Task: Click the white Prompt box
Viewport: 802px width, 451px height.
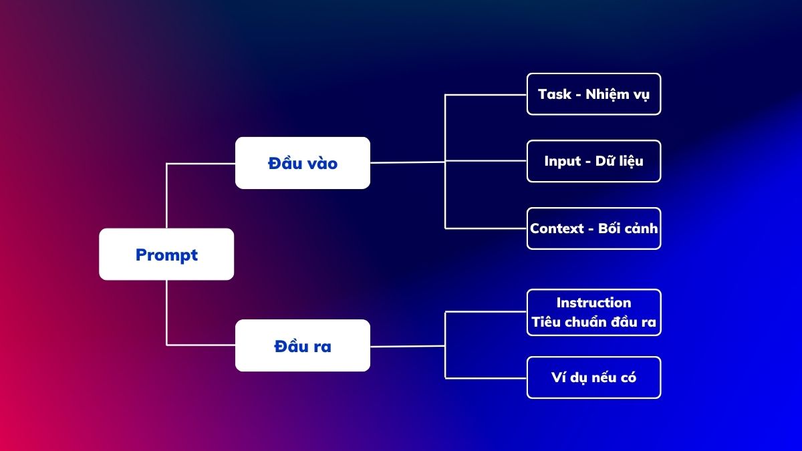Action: coord(166,254)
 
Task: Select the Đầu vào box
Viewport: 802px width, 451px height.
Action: coord(303,163)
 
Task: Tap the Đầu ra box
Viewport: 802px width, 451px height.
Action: coord(303,345)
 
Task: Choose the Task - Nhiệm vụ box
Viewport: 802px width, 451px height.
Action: coord(594,94)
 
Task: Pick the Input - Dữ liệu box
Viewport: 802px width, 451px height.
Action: coord(594,161)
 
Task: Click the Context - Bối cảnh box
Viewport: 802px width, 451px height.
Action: coord(594,229)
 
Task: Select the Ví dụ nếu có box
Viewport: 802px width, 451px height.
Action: coord(594,378)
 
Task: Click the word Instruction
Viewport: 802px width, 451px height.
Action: coord(593,303)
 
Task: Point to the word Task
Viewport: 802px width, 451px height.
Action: coord(555,94)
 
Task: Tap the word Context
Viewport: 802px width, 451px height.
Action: coord(557,229)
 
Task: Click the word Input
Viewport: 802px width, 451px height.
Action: coord(563,162)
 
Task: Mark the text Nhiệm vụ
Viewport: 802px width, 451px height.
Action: coord(618,94)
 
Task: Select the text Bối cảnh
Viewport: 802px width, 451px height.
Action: coord(628,228)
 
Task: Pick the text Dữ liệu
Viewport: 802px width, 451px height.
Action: coord(620,161)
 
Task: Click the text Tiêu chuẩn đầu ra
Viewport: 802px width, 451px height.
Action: coord(593,321)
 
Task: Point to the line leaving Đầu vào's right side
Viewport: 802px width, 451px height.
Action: coord(408,162)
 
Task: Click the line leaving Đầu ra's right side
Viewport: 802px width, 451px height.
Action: coord(408,346)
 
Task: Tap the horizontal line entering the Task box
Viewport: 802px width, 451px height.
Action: coord(486,95)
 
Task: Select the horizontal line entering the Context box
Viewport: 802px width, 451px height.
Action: coord(486,229)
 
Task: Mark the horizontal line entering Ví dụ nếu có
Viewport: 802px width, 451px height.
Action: coord(486,378)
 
